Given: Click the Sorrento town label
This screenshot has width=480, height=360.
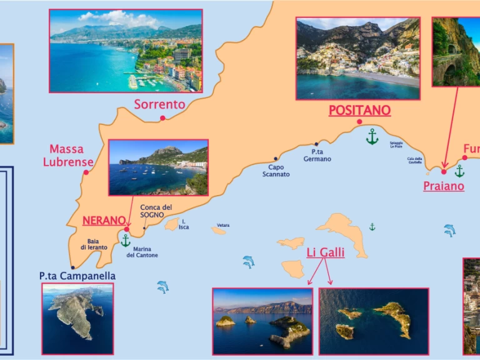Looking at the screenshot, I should pos(159,104).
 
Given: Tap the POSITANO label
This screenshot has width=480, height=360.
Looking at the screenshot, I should pos(359,111).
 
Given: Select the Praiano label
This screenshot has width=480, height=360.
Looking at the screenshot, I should pos(443,186).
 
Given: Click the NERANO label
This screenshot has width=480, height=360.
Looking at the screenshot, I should pos(104,220).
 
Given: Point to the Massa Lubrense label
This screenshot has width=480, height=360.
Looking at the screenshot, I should pos(67,156).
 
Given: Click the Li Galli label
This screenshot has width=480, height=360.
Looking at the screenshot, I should pos(325,252).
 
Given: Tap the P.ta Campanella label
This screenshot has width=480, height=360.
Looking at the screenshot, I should pos(77,276).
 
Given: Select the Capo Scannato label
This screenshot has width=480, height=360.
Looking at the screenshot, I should pos(276,171).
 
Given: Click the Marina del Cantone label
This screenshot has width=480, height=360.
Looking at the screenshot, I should pos(142,252).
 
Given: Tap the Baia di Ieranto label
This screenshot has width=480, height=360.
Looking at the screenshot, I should pos(94,244).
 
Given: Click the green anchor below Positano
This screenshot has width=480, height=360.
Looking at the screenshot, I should pos(372,136).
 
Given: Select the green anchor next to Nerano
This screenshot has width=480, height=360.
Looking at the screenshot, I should pos(126,240).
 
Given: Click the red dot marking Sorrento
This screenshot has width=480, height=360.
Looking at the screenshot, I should pos(162,118).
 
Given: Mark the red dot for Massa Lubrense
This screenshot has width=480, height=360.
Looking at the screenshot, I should pos(86,172).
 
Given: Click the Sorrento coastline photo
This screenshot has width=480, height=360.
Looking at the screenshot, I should pos(126,51).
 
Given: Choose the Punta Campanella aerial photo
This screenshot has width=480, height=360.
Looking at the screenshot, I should pos(77,319).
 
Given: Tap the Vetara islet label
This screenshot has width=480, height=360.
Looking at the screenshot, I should pos(223,225).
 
